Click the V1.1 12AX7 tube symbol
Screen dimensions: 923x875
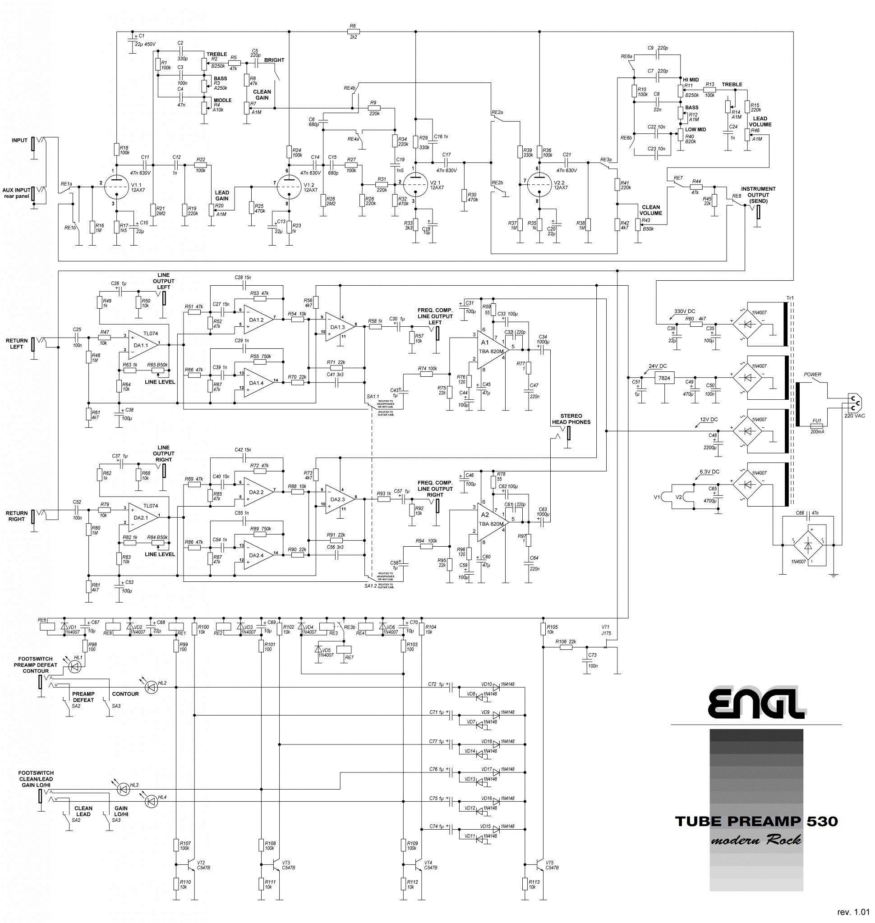[x=115, y=187]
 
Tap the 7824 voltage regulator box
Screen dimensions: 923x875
[x=664, y=378]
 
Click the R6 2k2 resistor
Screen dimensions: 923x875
[x=353, y=32]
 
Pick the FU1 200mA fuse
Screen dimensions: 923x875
[x=817, y=426]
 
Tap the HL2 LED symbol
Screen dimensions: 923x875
[x=151, y=687]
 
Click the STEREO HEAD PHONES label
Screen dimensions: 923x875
[x=571, y=419]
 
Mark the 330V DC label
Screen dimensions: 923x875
[x=684, y=311]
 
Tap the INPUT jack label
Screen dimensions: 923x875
[x=19, y=140]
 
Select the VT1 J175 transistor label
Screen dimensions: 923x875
[x=606, y=630]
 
